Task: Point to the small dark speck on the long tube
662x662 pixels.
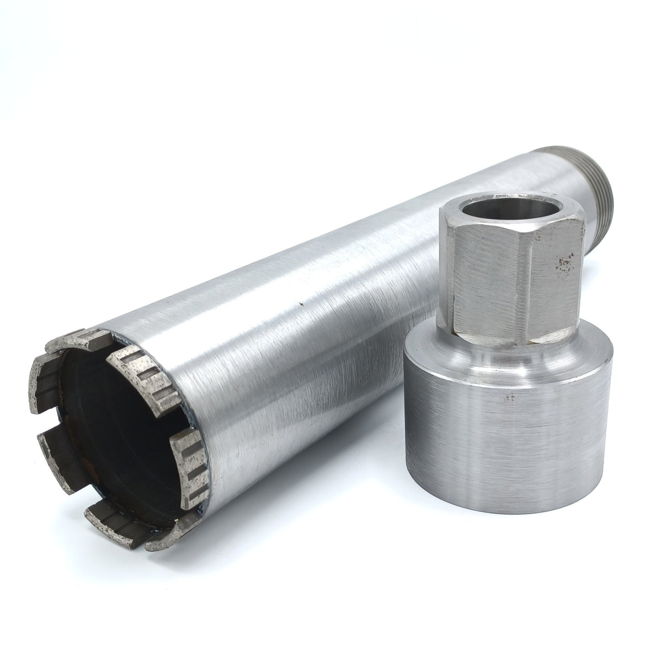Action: click(x=301, y=303)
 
